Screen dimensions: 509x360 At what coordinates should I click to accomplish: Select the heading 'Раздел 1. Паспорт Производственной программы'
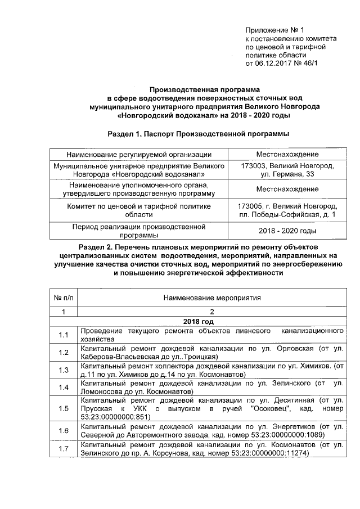[197, 134]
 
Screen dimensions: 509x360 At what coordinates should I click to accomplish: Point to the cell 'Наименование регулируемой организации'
[139, 154]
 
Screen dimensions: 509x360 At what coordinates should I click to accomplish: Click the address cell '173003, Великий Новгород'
[287, 167]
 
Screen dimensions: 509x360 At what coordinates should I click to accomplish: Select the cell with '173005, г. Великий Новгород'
[288, 207]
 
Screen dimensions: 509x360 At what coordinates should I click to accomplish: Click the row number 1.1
[64, 335]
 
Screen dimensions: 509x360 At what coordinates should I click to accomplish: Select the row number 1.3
[64, 370]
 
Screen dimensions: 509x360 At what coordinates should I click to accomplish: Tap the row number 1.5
[64, 408]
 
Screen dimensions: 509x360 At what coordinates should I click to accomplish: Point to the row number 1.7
[64, 448]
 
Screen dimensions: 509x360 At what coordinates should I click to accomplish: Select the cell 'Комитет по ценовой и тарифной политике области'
[139, 211]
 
